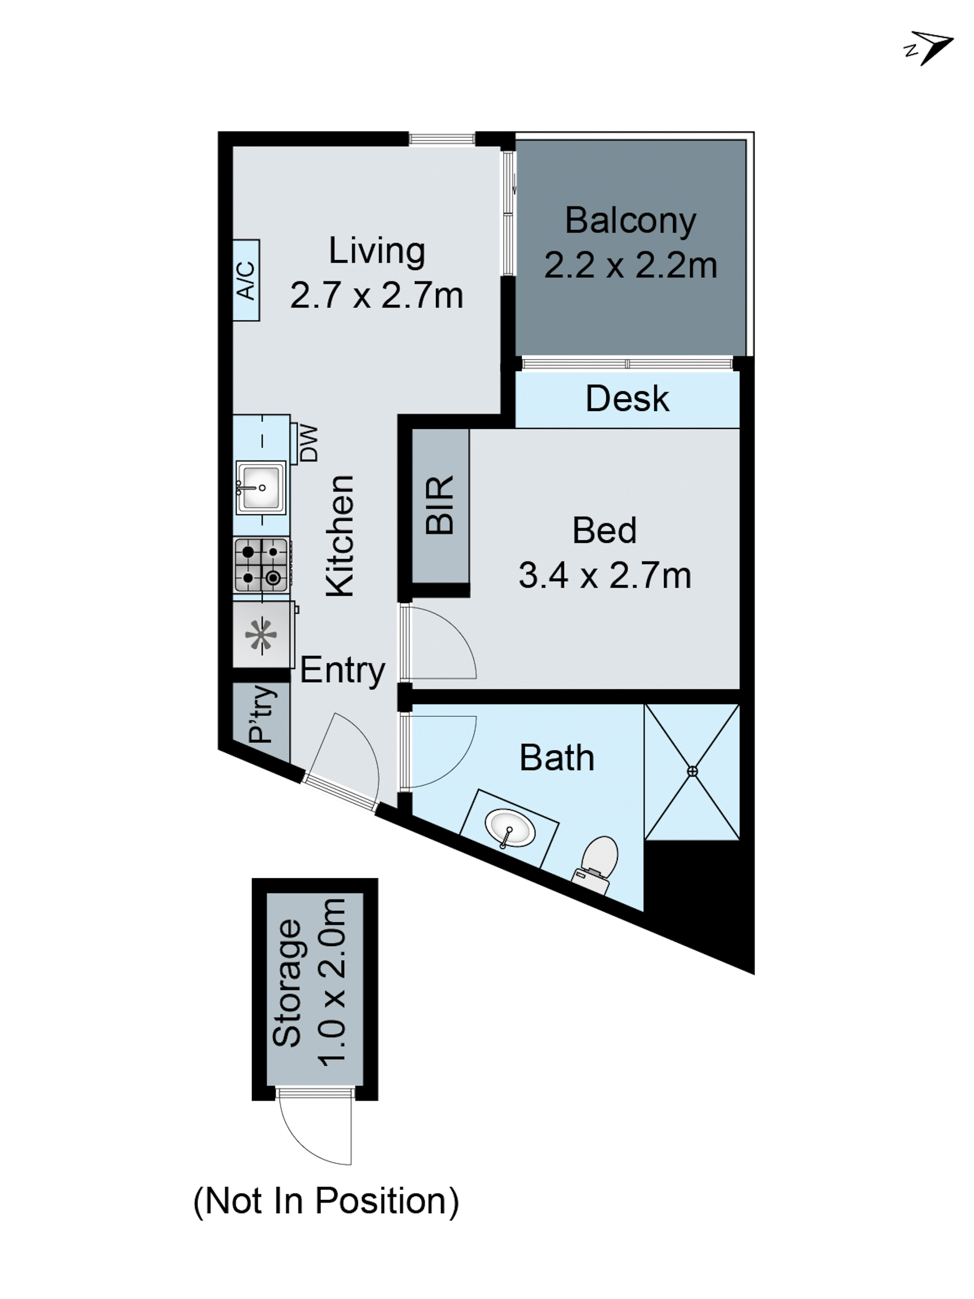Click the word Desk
627,399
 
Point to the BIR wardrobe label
440,506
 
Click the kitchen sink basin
261,487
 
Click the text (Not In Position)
326,1202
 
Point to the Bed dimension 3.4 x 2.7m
604,576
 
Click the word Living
376,251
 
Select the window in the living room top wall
442,139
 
